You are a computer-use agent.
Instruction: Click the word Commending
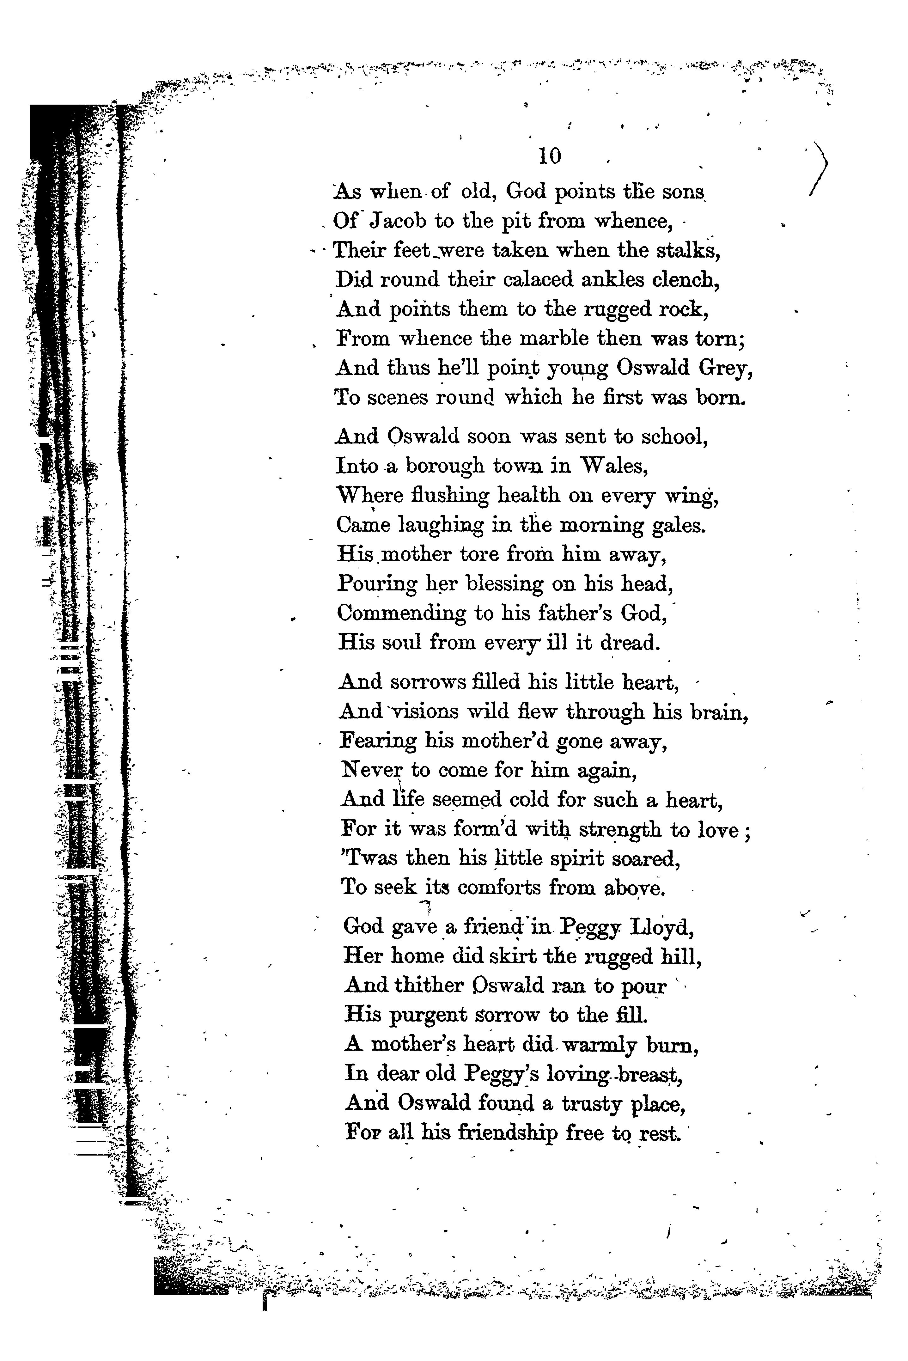click(x=401, y=613)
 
